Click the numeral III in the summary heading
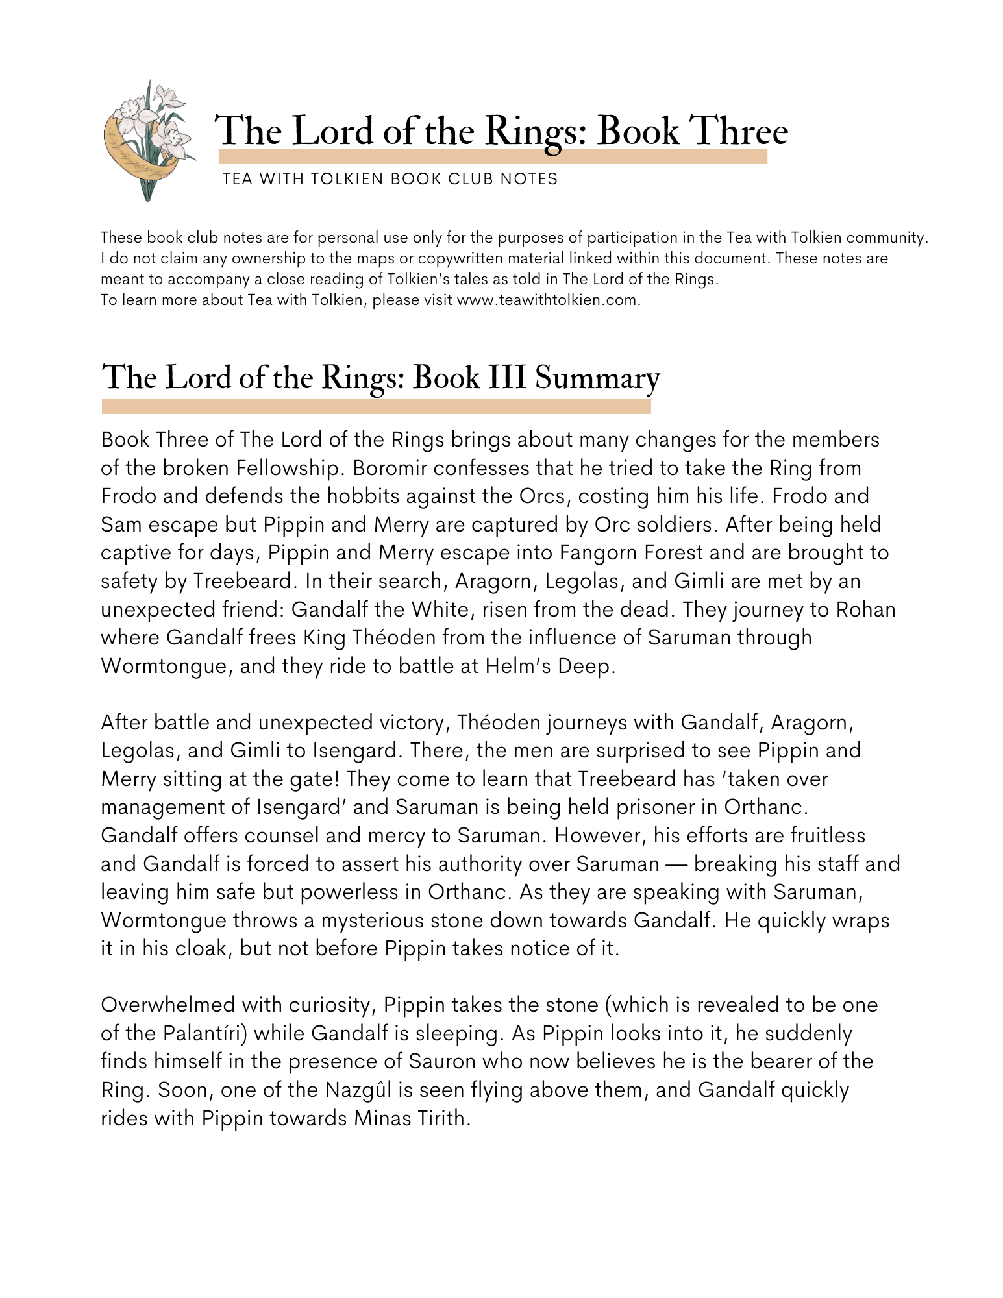coord(506,378)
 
